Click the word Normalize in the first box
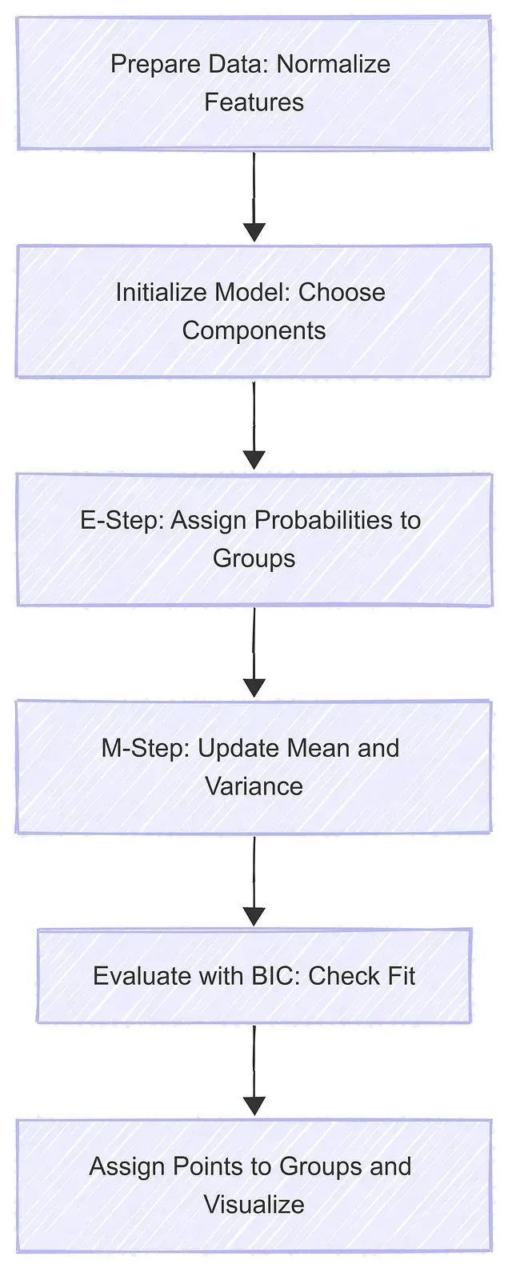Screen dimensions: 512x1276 333,64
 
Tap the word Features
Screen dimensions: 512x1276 254,102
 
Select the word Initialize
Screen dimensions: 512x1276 161,292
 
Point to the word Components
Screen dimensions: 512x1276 254,331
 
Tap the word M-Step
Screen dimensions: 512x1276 146,749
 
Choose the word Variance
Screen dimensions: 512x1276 254,786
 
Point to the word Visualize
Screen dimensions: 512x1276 254,1204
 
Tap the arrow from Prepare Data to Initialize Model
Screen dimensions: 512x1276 254,197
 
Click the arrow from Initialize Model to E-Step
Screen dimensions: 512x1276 254,425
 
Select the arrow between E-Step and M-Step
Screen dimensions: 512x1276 254,652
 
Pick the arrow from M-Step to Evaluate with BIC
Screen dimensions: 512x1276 254,882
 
